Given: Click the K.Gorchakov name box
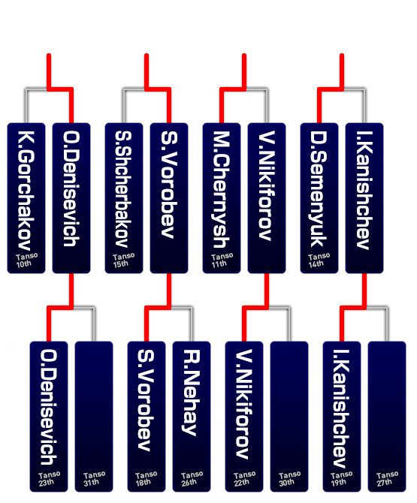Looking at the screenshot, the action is [26, 198].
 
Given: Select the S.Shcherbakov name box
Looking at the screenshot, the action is [124, 198].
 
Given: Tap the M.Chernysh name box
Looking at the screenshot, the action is [222, 198].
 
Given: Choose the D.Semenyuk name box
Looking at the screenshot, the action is [319, 198].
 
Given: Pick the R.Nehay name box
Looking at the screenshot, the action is [192, 417].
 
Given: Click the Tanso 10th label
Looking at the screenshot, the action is [26, 261].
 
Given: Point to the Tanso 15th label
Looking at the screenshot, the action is [123, 261].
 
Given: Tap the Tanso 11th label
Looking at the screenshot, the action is [222, 261].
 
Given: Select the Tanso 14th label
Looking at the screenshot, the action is [319, 261].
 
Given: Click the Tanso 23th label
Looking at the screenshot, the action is [49, 479].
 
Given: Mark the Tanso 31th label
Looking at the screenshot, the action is [94, 479].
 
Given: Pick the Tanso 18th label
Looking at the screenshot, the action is [146, 479].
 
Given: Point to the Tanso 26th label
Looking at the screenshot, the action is [192, 479].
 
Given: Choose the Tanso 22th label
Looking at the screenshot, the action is [244, 479].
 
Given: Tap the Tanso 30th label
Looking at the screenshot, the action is [289, 479].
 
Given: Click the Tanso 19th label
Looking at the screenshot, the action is [341, 479].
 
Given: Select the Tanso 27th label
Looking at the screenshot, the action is [387, 479].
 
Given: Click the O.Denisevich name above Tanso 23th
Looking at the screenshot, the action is [49, 408].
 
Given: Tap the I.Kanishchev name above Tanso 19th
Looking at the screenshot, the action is [341, 408].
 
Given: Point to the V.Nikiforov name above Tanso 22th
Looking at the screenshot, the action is [244, 404].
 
